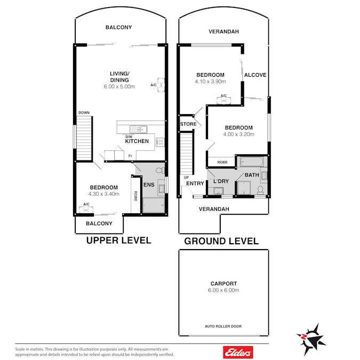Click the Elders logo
[x=238, y=352]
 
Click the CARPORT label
[x=223, y=284]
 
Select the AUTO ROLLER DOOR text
[x=223, y=326]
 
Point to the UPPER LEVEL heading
[x=119, y=241]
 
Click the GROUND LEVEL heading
[x=221, y=241]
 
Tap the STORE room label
[x=188, y=124]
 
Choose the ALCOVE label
[x=255, y=75]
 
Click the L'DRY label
[x=221, y=181]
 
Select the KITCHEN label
[x=137, y=141]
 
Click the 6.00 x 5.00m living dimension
[x=119, y=86]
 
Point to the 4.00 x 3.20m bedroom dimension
[x=239, y=134]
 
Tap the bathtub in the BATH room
[x=252, y=162]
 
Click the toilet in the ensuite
[x=160, y=170]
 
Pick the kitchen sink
[x=139, y=129]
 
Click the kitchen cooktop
[x=160, y=142]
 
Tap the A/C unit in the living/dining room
[x=161, y=85]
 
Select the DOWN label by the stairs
[x=84, y=113]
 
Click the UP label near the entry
[x=187, y=178]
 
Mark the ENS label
[x=149, y=185]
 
